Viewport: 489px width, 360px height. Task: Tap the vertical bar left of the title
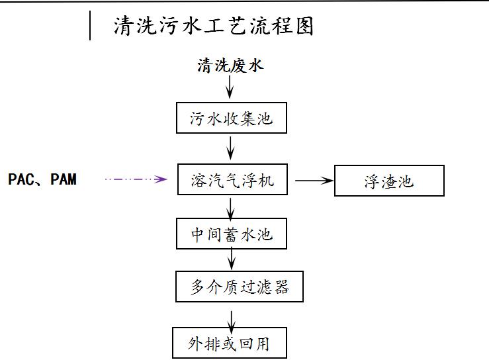coord(90,26)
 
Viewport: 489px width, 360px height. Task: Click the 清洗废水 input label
coord(230,66)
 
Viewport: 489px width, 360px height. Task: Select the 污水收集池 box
coord(230,119)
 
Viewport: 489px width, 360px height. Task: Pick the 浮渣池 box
coord(389,181)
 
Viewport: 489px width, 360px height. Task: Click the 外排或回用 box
coord(230,343)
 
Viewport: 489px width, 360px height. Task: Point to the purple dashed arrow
coord(135,179)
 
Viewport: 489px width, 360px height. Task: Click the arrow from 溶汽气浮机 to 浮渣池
coord(312,180)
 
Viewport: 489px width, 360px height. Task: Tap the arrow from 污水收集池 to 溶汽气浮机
coord(230,146)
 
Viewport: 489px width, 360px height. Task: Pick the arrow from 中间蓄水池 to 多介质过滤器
coord(230,260)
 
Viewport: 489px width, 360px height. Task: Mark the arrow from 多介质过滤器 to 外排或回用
coord(230,316)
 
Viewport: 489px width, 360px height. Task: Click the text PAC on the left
coord(21,179)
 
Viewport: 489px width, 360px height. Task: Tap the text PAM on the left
coord(64,179)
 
